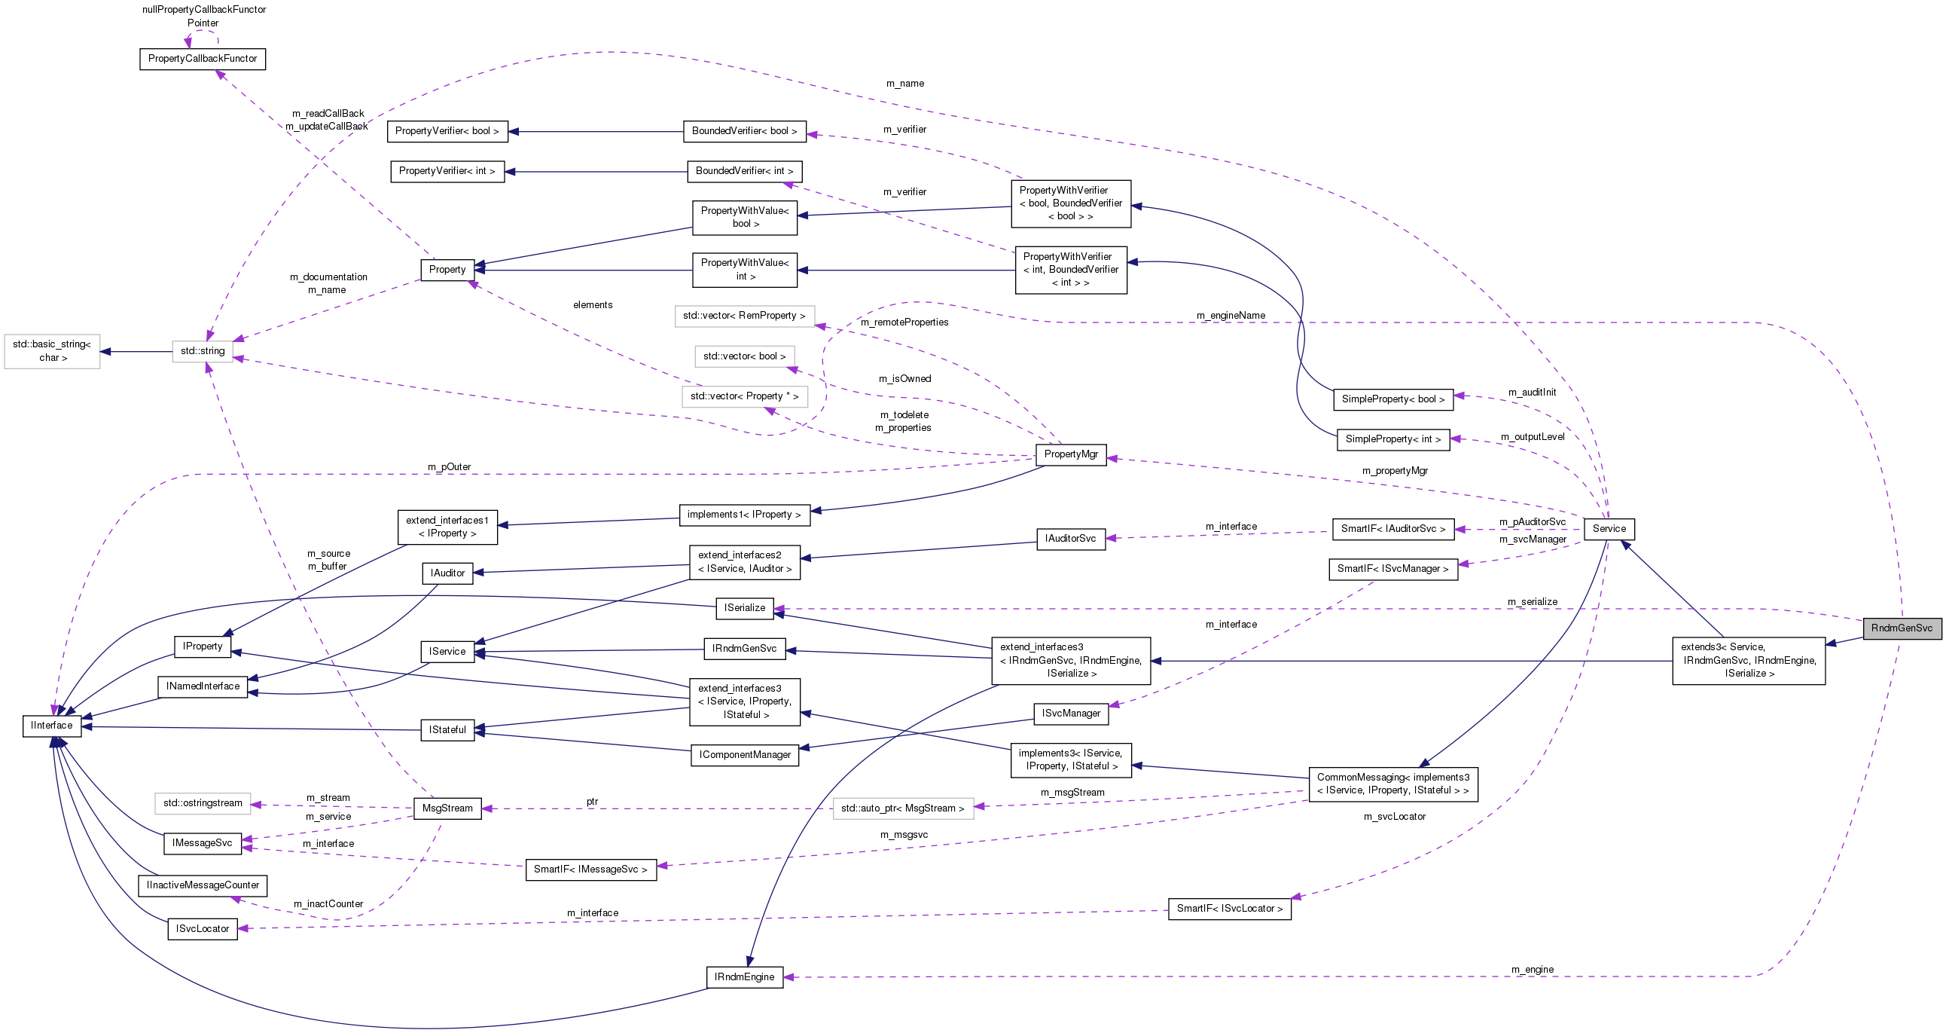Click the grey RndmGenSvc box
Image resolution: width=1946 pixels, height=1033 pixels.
tap(1902, 628)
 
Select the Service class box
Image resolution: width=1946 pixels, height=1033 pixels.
tap(1609, 529)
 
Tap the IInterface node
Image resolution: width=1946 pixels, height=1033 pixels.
tap(51, 726)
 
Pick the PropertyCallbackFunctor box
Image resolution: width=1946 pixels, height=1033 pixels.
tap(203, 59)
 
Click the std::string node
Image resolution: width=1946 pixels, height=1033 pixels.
tap(203, 350)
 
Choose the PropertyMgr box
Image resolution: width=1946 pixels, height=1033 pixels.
tap(1070, 454)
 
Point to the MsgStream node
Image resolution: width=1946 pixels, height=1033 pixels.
tap(447, 808)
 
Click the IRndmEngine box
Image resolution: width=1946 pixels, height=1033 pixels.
tap(744, 977)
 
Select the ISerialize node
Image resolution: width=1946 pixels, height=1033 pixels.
tap(744, 607)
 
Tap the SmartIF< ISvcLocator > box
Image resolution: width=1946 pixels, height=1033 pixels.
tap(1229, 909)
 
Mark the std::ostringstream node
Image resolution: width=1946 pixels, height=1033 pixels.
tap(203, 803)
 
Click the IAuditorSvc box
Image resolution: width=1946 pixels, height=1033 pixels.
tap(1070, 539)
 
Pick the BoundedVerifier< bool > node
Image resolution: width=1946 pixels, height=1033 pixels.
tap(744, 132)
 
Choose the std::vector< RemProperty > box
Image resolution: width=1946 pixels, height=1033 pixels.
tap(744, 316)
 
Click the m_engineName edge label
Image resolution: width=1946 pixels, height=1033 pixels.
tap(1231, 316)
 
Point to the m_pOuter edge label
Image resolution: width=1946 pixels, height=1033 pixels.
tap(449, 467)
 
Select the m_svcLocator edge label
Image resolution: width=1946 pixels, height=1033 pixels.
tap(1394, 817)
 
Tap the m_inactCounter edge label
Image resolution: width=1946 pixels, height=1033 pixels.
tap(328, 903)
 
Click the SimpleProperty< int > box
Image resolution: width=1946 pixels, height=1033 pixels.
tap(1393, 439)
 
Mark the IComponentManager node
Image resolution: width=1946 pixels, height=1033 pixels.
tap(744, 755)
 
